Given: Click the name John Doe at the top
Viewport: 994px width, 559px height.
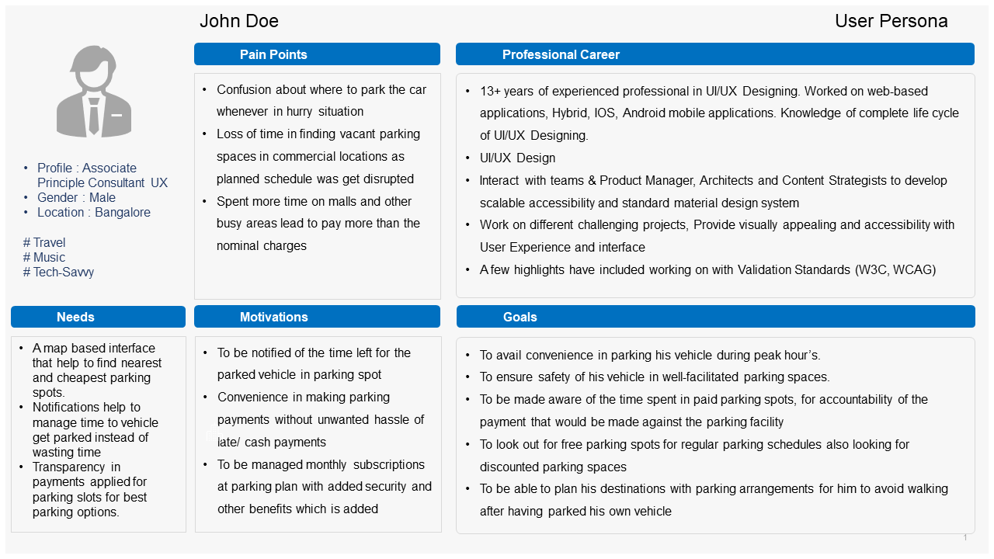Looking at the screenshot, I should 238,21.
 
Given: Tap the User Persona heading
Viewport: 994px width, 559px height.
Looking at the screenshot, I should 891,21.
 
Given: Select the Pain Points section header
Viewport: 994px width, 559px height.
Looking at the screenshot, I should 273,54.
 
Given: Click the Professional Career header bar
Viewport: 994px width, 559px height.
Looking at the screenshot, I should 561,54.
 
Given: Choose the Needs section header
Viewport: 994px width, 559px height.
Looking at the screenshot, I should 75,317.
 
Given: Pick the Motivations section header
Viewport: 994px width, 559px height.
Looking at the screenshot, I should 273,317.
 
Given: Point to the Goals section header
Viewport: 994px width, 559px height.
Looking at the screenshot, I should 520,317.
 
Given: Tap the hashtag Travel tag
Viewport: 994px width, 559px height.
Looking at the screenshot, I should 44,243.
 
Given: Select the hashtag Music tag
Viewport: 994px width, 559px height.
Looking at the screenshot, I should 44,258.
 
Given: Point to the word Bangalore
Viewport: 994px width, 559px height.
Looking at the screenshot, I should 123,213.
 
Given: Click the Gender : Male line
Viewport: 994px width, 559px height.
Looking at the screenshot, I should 76,198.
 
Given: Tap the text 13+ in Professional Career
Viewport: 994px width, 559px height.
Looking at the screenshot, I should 490,91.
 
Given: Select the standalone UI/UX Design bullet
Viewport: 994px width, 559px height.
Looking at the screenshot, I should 517,158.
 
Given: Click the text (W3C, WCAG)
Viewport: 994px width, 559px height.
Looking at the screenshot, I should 895,270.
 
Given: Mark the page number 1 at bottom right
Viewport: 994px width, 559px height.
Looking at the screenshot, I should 965,537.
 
